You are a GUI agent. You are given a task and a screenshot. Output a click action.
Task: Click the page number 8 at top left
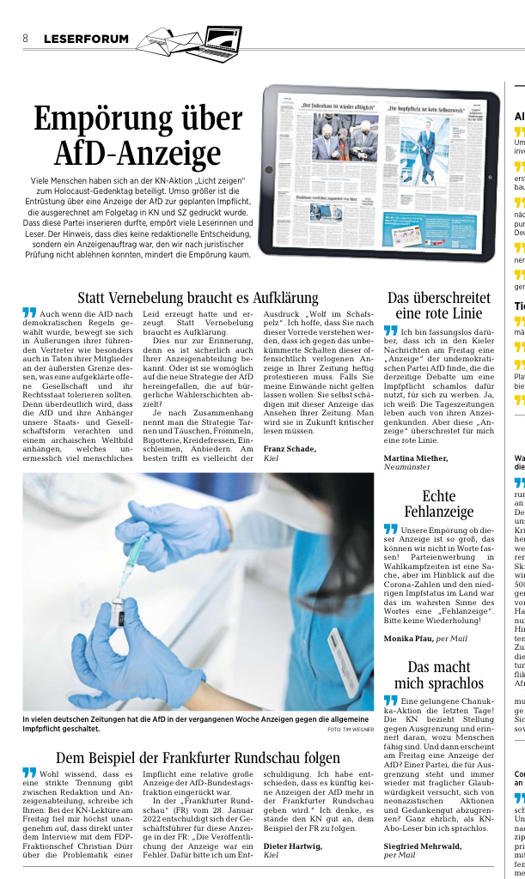pos(26,39)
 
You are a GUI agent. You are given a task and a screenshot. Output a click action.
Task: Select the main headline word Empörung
pos(137,119)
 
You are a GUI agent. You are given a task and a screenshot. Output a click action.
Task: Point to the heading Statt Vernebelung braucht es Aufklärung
pos(198,298)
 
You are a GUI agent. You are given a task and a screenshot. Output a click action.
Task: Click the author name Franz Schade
pos(290,448)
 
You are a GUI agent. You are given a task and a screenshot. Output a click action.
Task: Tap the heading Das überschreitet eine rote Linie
pos(439,306)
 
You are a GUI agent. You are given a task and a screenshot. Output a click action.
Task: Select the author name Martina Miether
pos(415,458)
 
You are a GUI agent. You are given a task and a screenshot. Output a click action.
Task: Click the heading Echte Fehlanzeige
pos(439,504)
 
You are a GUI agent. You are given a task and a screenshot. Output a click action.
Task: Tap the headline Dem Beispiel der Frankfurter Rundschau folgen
pos(198,758)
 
